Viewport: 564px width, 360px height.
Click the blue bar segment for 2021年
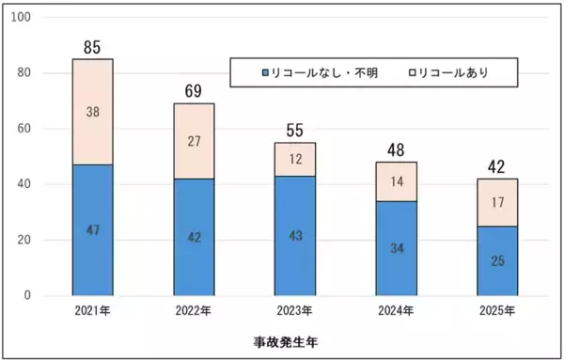[x=92, y=230]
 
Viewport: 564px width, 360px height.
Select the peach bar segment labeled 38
[x=92, y=112]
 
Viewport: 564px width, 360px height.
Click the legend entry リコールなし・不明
[x=320, y=72]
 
